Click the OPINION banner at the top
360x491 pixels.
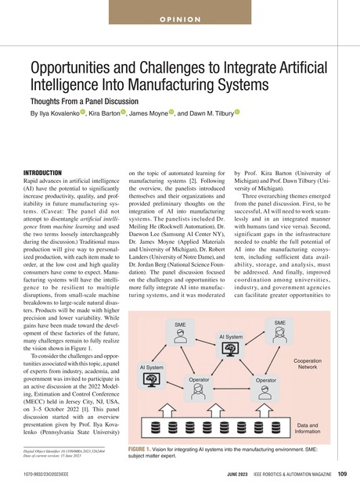(180, 18)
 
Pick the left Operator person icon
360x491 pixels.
(198, 392)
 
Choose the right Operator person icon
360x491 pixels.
(266, 392)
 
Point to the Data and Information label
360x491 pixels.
(308, 428)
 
